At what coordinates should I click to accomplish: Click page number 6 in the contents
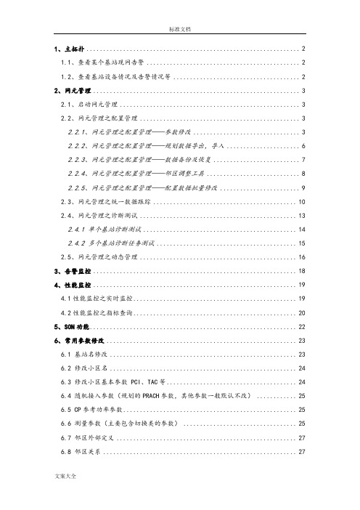click(x=302, y=146)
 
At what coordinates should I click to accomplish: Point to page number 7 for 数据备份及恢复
click(x=302, y=160)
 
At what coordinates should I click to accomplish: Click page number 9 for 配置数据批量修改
click(x=302, y=187)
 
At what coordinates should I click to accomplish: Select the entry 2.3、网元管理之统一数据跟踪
click(x=106, y=201)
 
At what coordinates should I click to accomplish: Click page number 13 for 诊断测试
click(x=300, y=215)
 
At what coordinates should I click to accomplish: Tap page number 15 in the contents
click(x=300, y=243)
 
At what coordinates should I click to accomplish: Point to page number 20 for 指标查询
click(x=300, y=312)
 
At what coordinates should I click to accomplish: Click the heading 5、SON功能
click(x=72, y=326)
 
